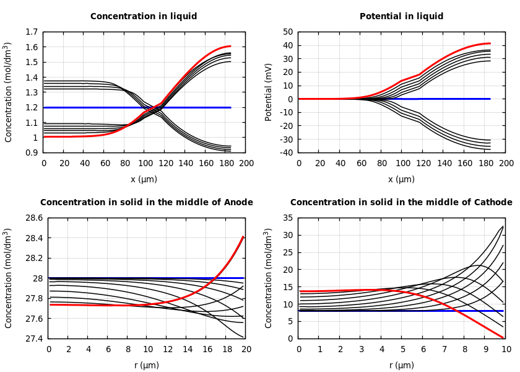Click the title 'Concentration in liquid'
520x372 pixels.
144,17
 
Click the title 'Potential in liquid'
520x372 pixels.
401,17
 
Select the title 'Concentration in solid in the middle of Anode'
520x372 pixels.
147,203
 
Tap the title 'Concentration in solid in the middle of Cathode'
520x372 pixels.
401,203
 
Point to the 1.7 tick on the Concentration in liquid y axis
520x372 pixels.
32,32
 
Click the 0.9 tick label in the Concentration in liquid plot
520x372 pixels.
32,153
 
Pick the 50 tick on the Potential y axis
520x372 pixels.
287,32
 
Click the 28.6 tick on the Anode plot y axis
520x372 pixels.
33,218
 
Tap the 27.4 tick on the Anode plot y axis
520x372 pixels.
33,339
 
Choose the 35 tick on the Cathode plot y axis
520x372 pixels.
287,218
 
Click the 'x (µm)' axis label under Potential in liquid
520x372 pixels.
402,180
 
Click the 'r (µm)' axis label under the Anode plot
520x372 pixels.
147,366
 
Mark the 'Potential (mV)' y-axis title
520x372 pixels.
269,92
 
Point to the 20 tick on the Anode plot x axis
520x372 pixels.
246,350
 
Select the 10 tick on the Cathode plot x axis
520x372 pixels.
506,350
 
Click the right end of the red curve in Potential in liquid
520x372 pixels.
490,43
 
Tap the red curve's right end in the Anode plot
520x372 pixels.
243,236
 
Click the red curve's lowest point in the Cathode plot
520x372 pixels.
503,337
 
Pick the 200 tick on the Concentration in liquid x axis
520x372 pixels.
246,164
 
